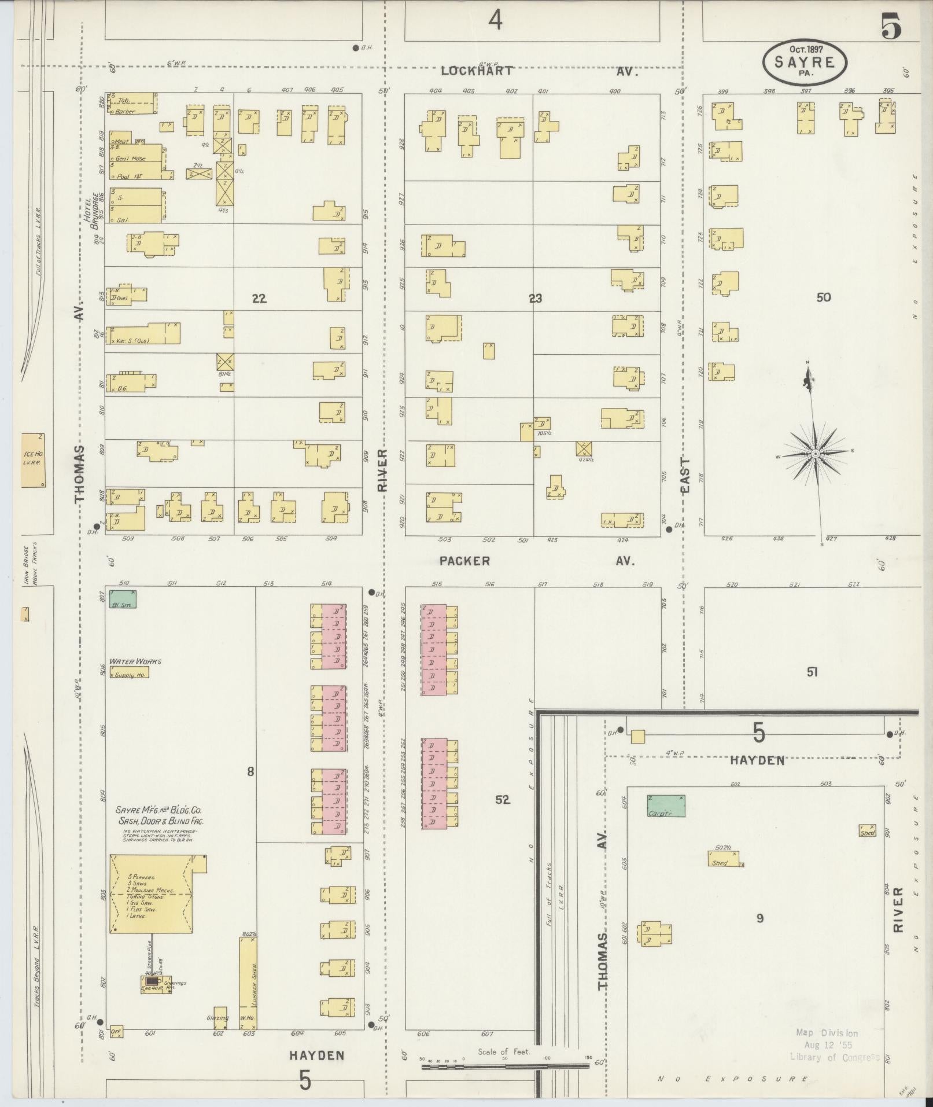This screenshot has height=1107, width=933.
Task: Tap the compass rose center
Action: (x=815, y=453)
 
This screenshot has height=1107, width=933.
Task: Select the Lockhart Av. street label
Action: (x=476, y=71)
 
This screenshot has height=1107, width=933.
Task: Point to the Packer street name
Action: (x=464, y=561)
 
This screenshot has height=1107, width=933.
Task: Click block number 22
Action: (x=259, y=299)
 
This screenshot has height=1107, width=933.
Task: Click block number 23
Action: (x=535, y=299)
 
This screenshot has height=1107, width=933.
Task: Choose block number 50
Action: (x=823, y=297)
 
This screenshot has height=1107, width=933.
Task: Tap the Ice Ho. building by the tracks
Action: (x=32, y=460)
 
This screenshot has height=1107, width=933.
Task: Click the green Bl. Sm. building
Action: (x=123, y=599)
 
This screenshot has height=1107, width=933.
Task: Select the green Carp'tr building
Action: (x=666, y=806)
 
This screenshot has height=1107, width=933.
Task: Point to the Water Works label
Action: (x=135, y=661)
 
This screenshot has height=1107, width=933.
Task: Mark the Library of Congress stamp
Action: (x=834, y=1045)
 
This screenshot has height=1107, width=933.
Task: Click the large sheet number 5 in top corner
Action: (x=891, y=26)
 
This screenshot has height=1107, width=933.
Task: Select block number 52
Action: (x=502, y=799)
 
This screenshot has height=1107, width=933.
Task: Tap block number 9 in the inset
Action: (x=759, y=918)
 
